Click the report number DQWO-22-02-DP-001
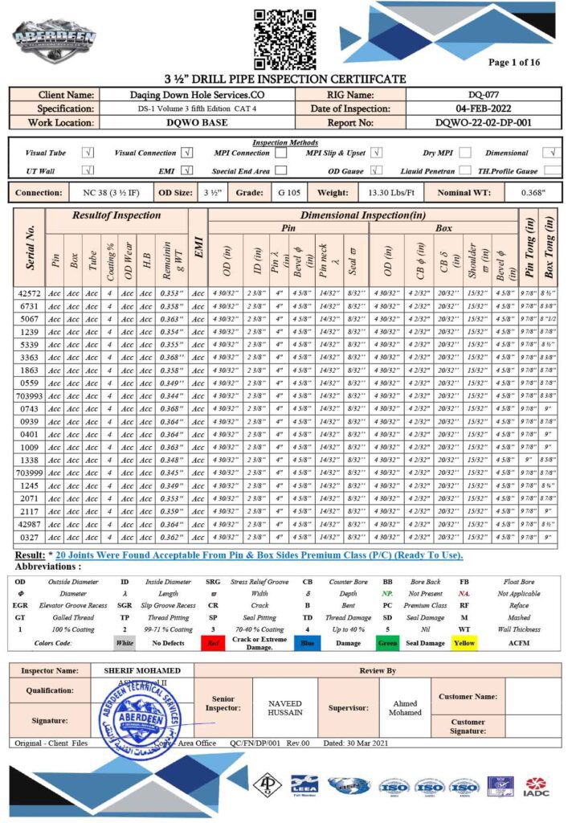point(484,123)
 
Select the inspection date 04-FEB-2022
point(484,109)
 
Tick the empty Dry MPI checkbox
point(464,153)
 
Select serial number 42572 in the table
point(30,293)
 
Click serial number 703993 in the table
point(30,396)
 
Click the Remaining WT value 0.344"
point(171,396)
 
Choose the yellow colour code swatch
point(464,643)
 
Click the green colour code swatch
point(387,643)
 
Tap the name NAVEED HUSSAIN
point(285,708)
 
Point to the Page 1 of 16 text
point(514,62)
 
